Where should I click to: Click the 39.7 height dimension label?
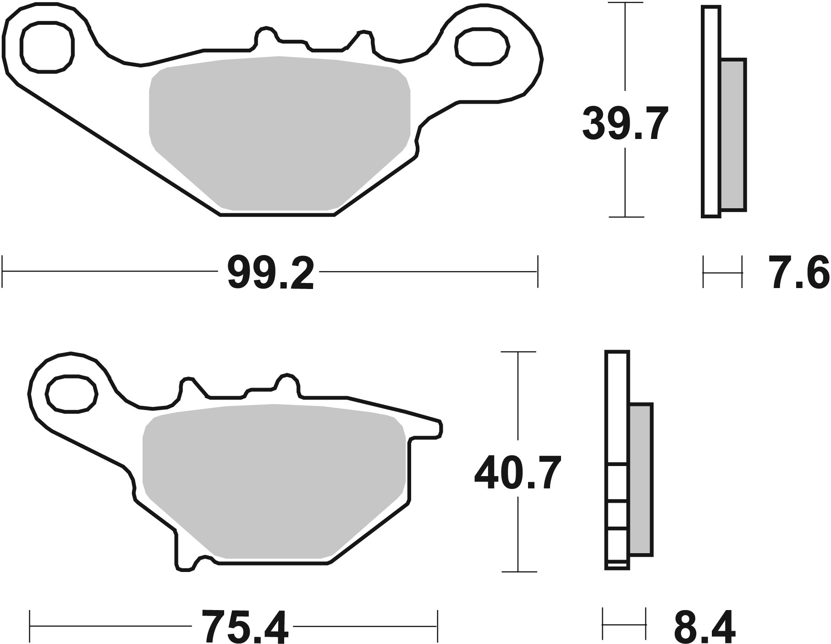click(x=625, y=123)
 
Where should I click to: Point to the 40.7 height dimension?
click(x=517, y=472)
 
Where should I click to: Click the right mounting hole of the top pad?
click(x=482, y=46)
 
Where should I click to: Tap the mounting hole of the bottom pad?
click(x=72, y=393)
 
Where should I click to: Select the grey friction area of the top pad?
click(x=280, y=133)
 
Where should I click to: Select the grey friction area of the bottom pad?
click(x=274, y=482)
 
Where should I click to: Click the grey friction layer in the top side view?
click(x=733, y=134)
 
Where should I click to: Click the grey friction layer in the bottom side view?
click(x=641, y=479)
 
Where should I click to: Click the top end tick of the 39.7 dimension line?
click(x=625, y=3)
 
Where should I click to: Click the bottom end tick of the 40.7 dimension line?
click(x=518, y=572)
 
